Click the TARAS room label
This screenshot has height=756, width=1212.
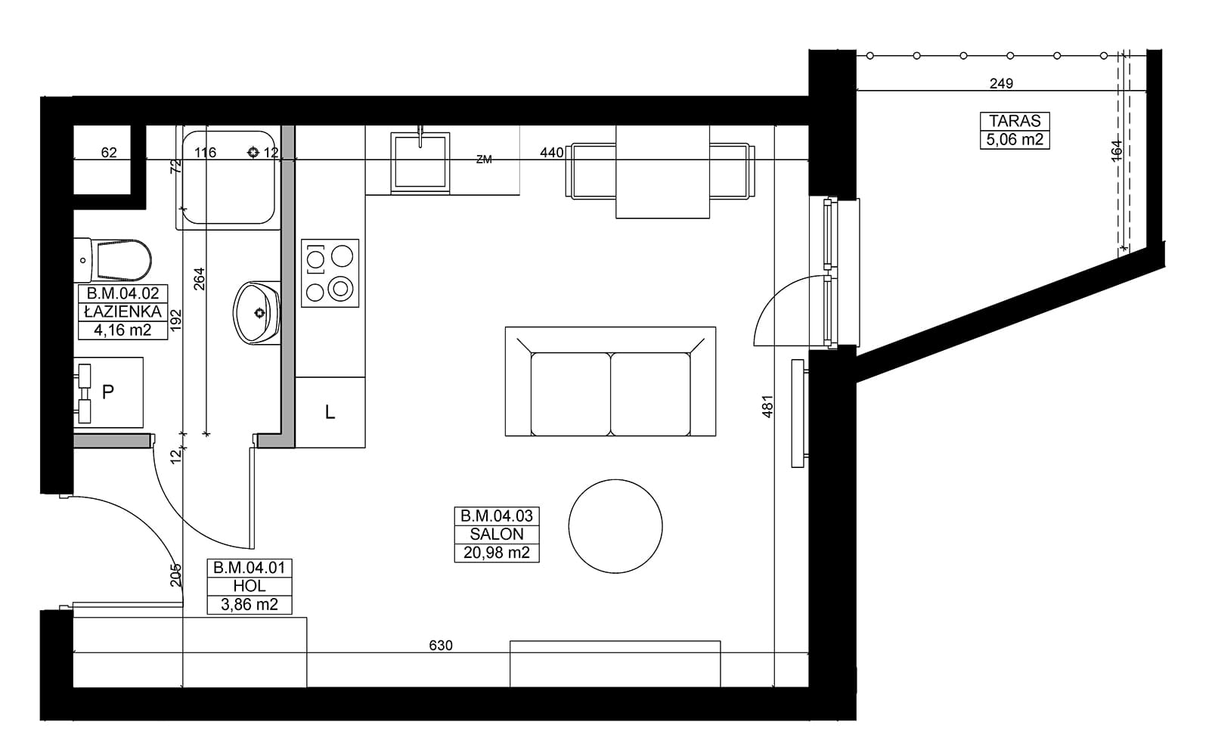1015,121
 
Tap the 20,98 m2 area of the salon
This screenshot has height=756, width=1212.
497,553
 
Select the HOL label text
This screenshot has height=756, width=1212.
250,586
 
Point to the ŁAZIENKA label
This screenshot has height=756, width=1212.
122,311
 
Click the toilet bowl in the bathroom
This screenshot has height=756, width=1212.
122,260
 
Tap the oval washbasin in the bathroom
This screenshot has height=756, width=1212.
257,313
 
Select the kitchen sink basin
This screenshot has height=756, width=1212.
420,161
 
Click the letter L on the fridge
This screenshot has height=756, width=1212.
330,413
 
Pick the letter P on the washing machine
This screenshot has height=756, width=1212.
108,392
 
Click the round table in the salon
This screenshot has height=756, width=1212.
615,526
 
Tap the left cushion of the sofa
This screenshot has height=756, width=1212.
571,394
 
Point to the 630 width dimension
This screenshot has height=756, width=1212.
441,645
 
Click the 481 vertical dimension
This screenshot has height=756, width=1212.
767,407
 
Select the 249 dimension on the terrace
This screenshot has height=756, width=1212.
1001,83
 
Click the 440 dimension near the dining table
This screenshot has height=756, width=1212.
551,153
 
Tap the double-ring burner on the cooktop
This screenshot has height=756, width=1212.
340,289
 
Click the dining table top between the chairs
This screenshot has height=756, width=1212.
662,172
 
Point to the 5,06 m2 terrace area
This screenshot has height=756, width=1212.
1015,140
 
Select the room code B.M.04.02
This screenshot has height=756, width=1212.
122,293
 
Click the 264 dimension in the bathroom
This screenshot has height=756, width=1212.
200,279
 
